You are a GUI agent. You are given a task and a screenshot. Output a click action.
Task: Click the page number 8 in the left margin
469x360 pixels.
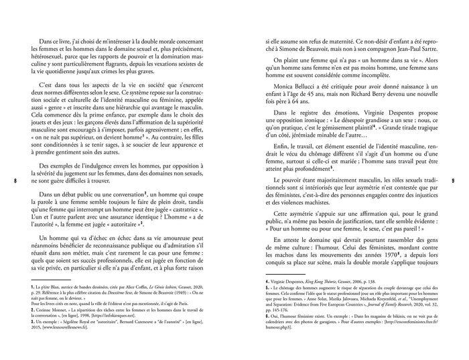point(15,180)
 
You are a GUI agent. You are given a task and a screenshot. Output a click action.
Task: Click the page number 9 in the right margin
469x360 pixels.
point(454,180)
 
